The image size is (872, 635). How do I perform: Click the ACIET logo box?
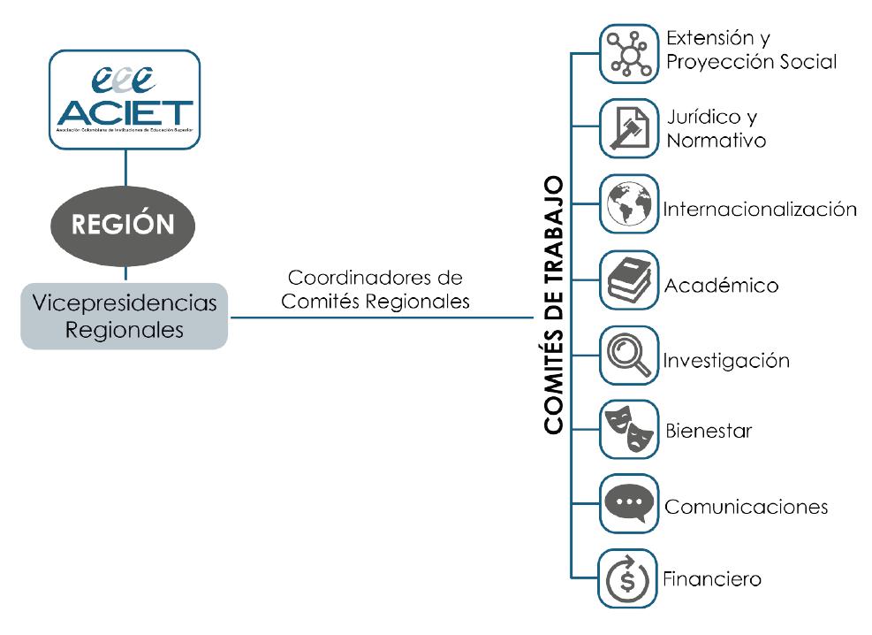(125, 98)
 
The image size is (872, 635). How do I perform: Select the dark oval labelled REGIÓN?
(123, 224)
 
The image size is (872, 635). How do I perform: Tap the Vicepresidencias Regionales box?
(125, 316)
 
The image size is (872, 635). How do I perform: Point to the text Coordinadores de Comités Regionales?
(375, 289)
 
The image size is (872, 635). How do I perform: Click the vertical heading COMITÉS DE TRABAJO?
(554, 305)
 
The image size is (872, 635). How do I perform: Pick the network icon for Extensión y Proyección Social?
(629, 53)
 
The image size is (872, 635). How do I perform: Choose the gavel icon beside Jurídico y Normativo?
(629, 128)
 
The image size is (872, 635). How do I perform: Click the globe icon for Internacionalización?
(629, 204)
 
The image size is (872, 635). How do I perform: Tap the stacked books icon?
(629, 280)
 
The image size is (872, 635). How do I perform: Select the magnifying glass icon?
(629, 356)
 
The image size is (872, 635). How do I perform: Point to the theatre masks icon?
(629, 430)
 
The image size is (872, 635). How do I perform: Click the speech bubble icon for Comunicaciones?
(629, 504)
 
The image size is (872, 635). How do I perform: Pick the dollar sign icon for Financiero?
(629, 578)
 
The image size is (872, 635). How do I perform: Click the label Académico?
(721, 286)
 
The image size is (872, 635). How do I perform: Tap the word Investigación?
(725, 361)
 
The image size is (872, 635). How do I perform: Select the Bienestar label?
(708, 432)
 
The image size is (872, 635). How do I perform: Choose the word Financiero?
(712, 580)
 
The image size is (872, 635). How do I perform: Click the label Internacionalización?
(760, 210)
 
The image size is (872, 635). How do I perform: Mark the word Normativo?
(716, 141)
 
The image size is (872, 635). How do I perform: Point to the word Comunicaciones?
(746, 507)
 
